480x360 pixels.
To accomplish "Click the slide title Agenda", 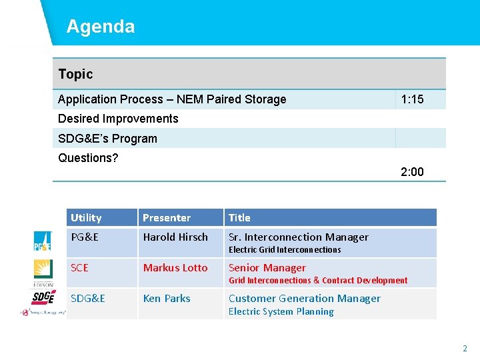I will tap(100, 27).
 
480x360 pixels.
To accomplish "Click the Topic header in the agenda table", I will tap(75, 74).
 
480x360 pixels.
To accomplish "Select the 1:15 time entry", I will tap(412, 99).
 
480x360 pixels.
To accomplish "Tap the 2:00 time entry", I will tap(412, 172).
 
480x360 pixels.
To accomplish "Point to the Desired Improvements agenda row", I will tap(118, 119).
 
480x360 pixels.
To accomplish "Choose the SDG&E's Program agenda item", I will tap(107, 139).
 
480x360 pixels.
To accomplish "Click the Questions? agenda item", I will tap(88, 158).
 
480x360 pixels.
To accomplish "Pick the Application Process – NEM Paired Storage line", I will tap(172, 99).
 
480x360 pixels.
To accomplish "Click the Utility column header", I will tap(86, 218).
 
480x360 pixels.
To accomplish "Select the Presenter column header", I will tap(167, 218).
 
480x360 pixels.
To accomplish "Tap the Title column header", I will tap(239, 218).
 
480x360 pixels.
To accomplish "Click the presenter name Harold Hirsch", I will tap(175, 237).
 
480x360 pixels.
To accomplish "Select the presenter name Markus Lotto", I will tap(175, 267).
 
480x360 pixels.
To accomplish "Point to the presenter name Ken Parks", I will tap(167, 298).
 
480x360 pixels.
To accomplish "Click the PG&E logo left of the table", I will tap(43, 241).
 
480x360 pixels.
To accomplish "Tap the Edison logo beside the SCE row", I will tap(43, 272).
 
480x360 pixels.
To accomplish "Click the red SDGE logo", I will tap(44, 297).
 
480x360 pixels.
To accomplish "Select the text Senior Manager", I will tap(267, 267).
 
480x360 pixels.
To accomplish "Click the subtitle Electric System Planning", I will tap(281, 311).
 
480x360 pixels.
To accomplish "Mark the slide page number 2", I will tap(465, 348).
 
